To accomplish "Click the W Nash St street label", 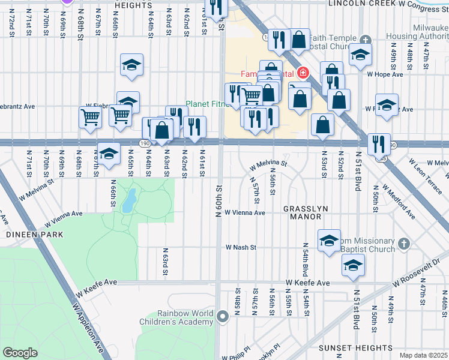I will click(241, 247).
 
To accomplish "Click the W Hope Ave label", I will click(385, 74).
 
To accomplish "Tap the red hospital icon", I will click(303, 74).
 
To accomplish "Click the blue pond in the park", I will click(128, 202).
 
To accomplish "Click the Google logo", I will click(20, 353).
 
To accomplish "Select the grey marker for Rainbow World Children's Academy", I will click(223, 316).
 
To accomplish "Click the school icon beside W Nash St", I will click(329, 241).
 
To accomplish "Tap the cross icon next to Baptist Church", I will click(404, 244).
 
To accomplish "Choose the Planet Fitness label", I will click(204, 104).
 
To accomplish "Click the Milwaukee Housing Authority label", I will click(412, 32).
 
